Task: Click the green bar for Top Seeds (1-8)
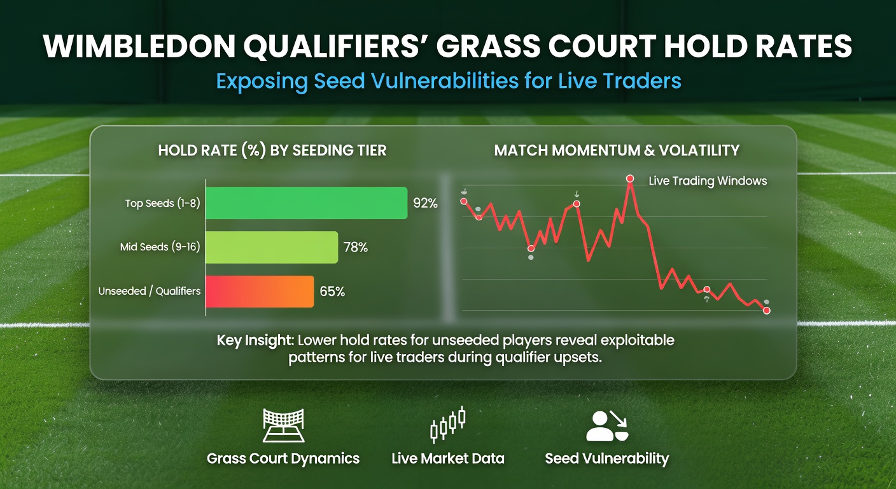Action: [306, 203]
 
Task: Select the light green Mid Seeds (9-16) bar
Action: [272, 247]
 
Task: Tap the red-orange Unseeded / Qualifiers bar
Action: [260, 292]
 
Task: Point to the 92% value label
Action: [425, 204]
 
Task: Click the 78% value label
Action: [356, 248]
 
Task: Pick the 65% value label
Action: [332, 292]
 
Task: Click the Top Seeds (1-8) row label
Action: [162, 204]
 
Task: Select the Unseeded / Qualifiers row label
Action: [150, 291]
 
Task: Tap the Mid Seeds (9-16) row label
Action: [160, 247]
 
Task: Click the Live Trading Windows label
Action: [708, 181]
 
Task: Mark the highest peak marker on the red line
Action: [630, 179]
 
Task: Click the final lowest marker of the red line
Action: [766, 311]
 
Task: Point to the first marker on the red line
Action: [463, 201]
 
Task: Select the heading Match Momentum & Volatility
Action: [617, 150]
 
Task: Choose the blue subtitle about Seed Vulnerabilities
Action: [448, 81]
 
